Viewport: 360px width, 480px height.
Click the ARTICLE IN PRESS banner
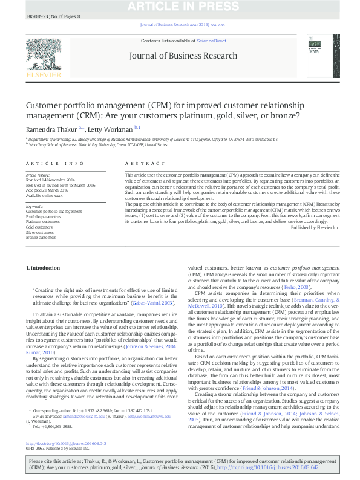tap(180, 7)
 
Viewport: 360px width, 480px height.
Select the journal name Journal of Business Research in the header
tap(182, 56)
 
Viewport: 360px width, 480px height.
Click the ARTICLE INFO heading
tap(54, 164)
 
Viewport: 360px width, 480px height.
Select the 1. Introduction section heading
tap(44, 267)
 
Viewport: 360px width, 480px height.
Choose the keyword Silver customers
tap(39, 232)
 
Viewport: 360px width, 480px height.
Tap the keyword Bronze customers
tap(41, 238)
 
